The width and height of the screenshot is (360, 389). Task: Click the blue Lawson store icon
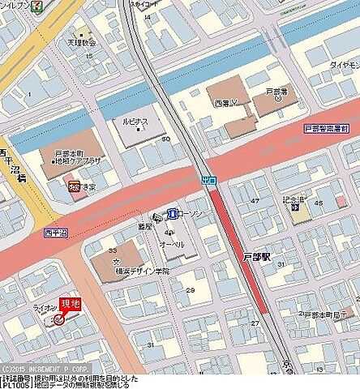click(172, 213)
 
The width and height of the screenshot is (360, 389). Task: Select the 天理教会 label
click(81, 42)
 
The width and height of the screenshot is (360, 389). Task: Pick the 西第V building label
click(225, 104)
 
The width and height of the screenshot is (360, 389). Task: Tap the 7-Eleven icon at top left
click(36, 5)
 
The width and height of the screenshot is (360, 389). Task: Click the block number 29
click(191, 290)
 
